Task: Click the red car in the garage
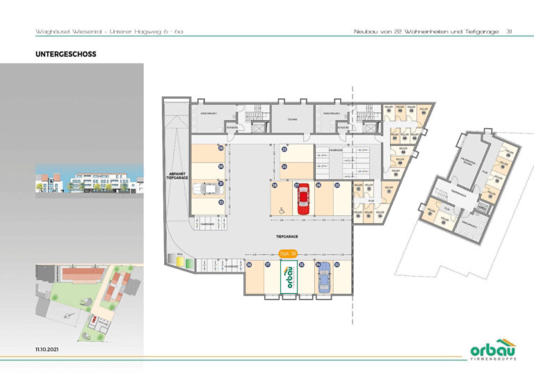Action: [x=303, y=200]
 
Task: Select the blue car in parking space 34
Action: [x=323, y=279]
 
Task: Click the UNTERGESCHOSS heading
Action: [x=65, y=53]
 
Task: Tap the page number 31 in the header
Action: [x=510, y=31]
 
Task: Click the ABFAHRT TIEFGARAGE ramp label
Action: [x=176, y=176]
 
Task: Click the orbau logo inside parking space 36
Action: [x=286, y=280]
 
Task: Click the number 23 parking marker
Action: [x=284, y=149]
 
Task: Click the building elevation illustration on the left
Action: [x=88, y=182]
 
